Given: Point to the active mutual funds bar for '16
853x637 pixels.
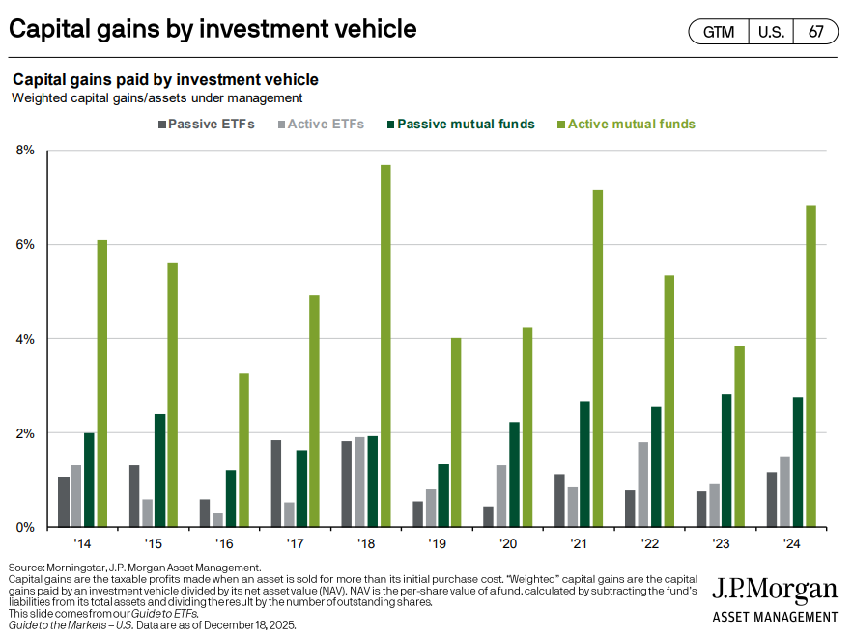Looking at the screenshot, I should point(243,450).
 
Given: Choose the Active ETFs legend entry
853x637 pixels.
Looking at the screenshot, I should point(323,125).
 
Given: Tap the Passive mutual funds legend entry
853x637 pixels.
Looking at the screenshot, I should point(459,125).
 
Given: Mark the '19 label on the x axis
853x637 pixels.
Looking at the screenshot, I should point(438,542).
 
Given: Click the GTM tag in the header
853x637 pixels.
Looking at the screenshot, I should point(718,32).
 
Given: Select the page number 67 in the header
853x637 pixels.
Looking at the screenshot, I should point(816,32).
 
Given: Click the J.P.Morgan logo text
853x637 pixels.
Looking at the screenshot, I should point(775,591).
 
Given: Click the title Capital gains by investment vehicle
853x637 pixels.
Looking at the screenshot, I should point(213,29).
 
